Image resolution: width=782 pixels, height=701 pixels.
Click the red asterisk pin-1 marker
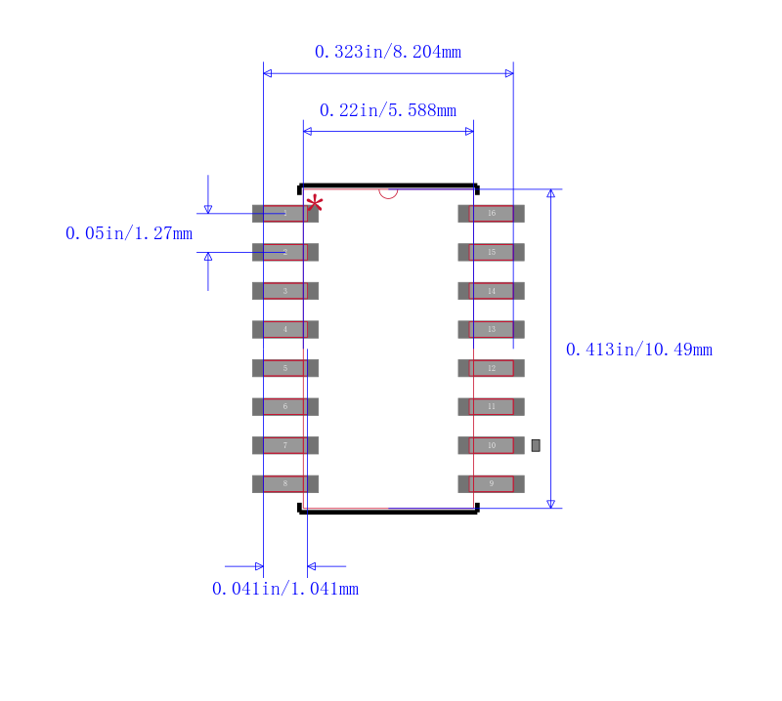pos(315,204)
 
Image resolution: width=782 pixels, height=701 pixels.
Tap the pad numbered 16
pos(491,213)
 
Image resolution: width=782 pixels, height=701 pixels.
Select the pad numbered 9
pos(491,483)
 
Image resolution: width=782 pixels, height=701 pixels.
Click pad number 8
pos(285,483)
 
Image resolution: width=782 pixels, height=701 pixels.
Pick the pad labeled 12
pos(491,368)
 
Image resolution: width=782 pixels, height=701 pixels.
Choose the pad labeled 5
pos(285,368)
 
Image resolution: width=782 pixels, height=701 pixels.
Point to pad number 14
pos(491,291)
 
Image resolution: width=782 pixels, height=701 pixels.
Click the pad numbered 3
pos(285,291)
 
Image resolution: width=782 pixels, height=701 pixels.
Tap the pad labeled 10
pos(491,445)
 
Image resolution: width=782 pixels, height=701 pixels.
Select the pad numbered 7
pos(285,445)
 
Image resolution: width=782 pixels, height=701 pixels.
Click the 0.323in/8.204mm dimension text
pos(387,52)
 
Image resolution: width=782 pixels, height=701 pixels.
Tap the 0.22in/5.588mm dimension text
pos(387,110)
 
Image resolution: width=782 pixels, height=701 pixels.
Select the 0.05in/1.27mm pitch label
pos(128,233)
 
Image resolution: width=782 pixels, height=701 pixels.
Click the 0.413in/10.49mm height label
pos(638,350)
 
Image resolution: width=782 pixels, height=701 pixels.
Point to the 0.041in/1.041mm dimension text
pos(284,589)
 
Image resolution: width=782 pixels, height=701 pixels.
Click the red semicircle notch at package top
pos(388,192)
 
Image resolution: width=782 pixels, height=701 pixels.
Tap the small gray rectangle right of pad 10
pos(536,445)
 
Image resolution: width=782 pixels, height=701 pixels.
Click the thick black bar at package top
pos(388,186)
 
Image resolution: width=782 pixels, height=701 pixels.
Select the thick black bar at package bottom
pos(388,511)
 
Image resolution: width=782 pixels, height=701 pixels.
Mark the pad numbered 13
pos(491,329)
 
